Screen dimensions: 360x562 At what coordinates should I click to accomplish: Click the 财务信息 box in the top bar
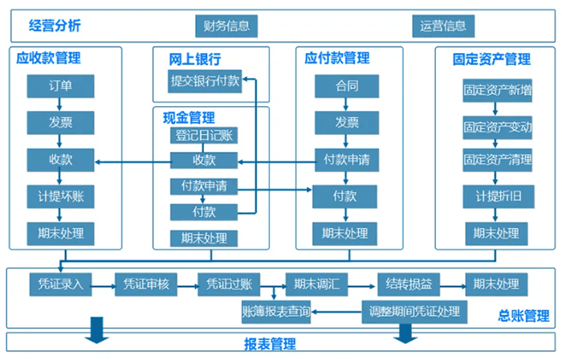[226, 26]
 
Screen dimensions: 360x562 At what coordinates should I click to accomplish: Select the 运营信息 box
[442, 26]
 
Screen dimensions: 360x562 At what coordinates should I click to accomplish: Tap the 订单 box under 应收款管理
[60, 85]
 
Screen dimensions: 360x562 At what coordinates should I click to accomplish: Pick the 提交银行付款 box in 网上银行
[204, 80]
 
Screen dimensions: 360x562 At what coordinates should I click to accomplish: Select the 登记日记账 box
[204, 135]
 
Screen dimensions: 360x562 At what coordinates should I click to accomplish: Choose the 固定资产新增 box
[497, 91]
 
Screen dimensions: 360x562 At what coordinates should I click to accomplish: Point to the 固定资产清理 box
[497, 159]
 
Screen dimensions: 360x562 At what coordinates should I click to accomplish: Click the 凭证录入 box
[60, 284]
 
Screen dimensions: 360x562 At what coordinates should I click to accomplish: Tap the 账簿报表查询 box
[276, 311]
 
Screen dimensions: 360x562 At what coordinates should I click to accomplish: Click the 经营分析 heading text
[54, 26]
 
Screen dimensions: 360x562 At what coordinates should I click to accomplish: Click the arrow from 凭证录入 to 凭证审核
[104, 284]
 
